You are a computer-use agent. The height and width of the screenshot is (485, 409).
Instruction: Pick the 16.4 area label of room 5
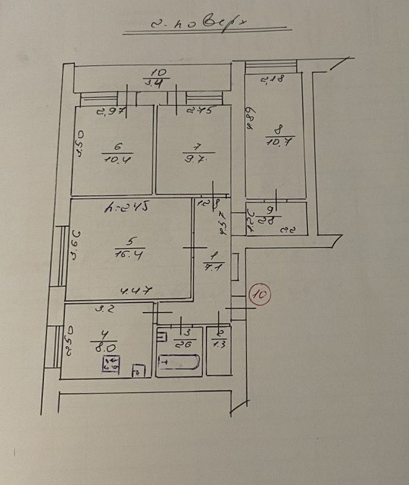click(129, 253)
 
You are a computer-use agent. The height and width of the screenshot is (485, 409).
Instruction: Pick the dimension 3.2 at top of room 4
click(106, 308)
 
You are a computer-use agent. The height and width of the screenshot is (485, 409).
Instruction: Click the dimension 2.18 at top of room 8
click(271, 79)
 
